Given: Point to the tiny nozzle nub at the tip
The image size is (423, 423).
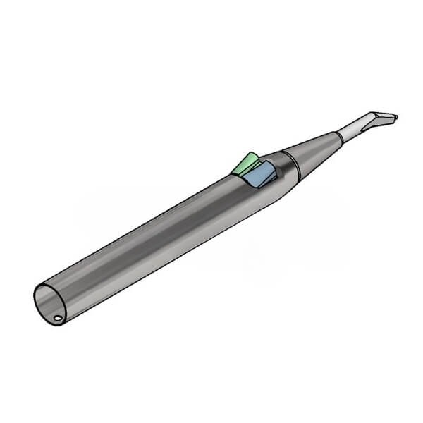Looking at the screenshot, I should [395, 117].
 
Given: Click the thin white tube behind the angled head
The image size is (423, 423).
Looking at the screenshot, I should [350, 130].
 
